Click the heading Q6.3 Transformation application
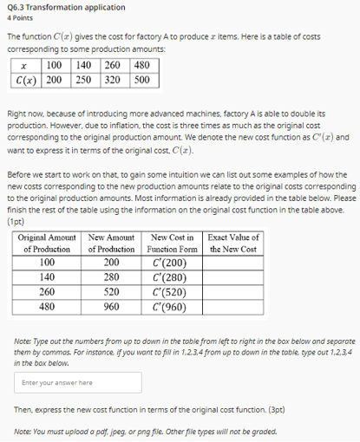tap(66, 7)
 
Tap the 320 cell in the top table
tap(113, 79)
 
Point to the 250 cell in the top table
tap(83, 79)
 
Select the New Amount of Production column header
tap(111, 243)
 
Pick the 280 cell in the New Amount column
tap(111, 276)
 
